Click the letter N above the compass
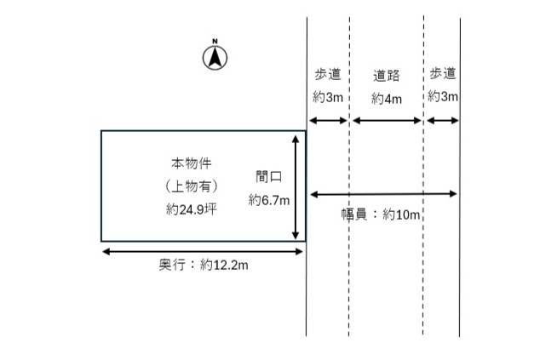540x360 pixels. tap(216, 41)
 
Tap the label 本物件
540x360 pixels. tap(191, 163)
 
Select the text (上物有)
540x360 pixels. tap(191, 185)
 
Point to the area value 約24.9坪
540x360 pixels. tap(191, 208)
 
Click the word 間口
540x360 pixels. tap(269, 177)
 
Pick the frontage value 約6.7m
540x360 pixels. tap(269, 200)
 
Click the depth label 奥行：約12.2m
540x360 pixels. tap(204, 266)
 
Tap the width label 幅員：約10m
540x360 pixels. tap(381, 214)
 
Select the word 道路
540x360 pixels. tap(386, 76)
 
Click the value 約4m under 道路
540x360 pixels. tap(386, 98)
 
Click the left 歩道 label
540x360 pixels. tap(328, 74)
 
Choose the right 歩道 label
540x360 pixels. tap(443, 74)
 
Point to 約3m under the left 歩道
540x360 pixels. tap(328, 97)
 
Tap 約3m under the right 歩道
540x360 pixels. tap(443, 97)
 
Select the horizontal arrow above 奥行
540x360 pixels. tap(204, 251)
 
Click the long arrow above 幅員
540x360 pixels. tap(383, 194)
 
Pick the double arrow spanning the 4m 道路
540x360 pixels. tap(387, 121)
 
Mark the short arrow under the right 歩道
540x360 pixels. tap(442, 121)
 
